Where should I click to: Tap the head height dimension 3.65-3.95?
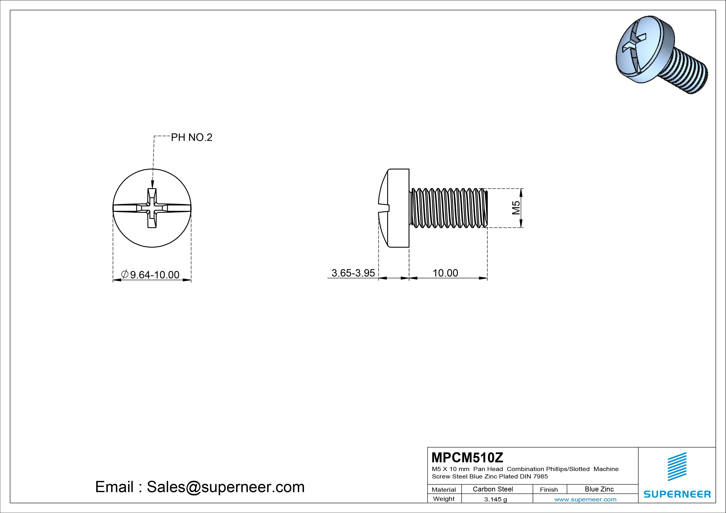353,273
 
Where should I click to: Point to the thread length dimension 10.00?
445,273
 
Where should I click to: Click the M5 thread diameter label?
516,208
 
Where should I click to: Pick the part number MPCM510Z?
467,457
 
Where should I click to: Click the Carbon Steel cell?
493,489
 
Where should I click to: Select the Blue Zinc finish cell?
599,489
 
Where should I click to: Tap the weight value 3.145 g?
495,499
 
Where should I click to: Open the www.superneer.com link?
585,499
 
